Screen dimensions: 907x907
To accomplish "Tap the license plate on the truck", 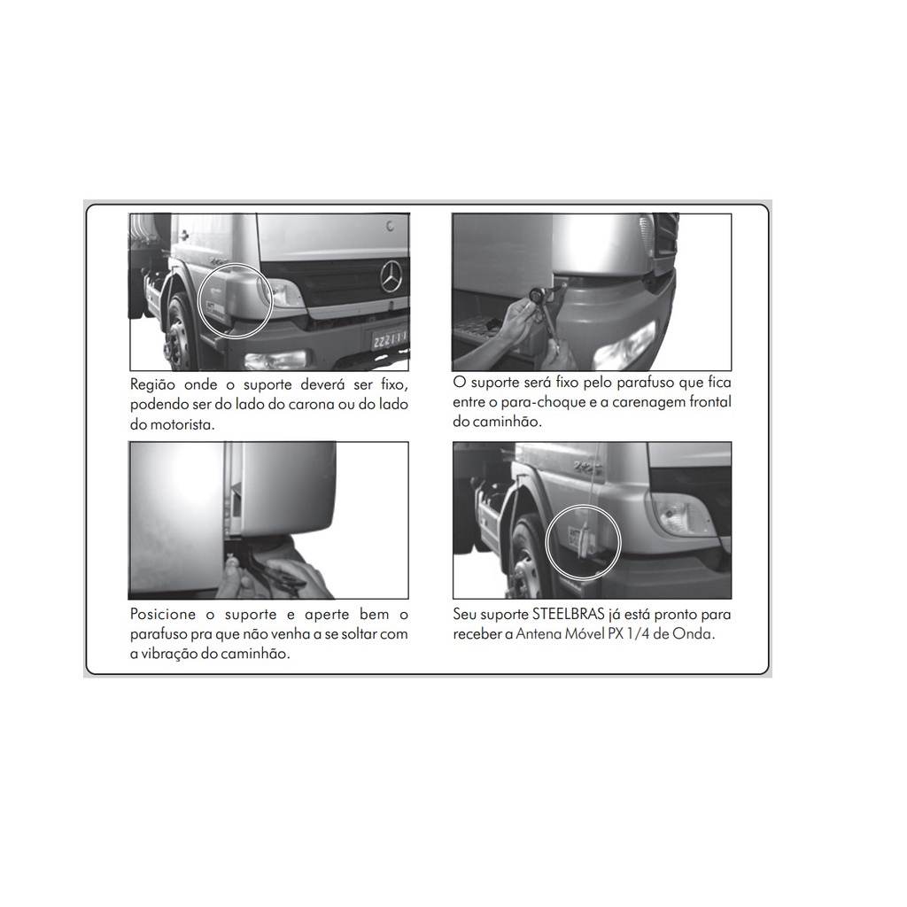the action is tap(388, 339).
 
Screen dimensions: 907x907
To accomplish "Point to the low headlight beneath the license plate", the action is tap(275, 360).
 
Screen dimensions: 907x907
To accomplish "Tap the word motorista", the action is tap(182, 424).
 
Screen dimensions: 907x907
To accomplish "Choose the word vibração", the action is tap(173, 655).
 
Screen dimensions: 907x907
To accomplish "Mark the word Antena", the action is tap(539, 634).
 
